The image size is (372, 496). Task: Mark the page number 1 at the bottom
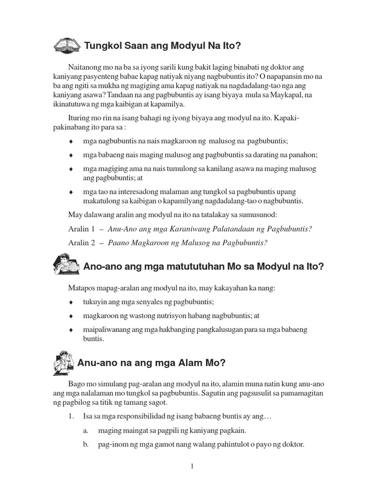(192, 466)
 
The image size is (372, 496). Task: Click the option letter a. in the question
(85, 430)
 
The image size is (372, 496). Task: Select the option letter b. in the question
(85, 443)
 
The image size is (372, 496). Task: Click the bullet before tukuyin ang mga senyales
(71, 302)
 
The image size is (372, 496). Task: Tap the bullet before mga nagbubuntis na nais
(71, 141)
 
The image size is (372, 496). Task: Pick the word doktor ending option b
(293, 443)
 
